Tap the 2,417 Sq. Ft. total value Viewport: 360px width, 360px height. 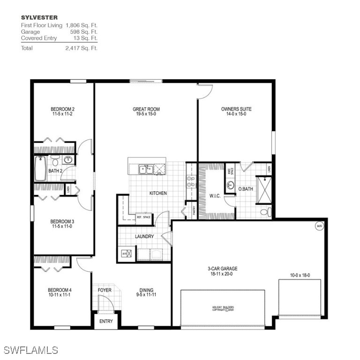[x=82, y=48]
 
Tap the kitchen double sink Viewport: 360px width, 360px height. [x=145, y=169]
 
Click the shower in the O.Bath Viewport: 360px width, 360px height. [x=264, y=189]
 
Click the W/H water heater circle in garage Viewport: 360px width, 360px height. [x=320, y=226]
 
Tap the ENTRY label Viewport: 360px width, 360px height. [x=106, y=321]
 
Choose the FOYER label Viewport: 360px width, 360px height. [x=105, y=290]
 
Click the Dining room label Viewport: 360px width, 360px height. [x=146, y=293]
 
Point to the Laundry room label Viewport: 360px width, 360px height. [x=144, y=237]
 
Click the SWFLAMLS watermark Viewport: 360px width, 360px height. [x=30, y=350]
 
